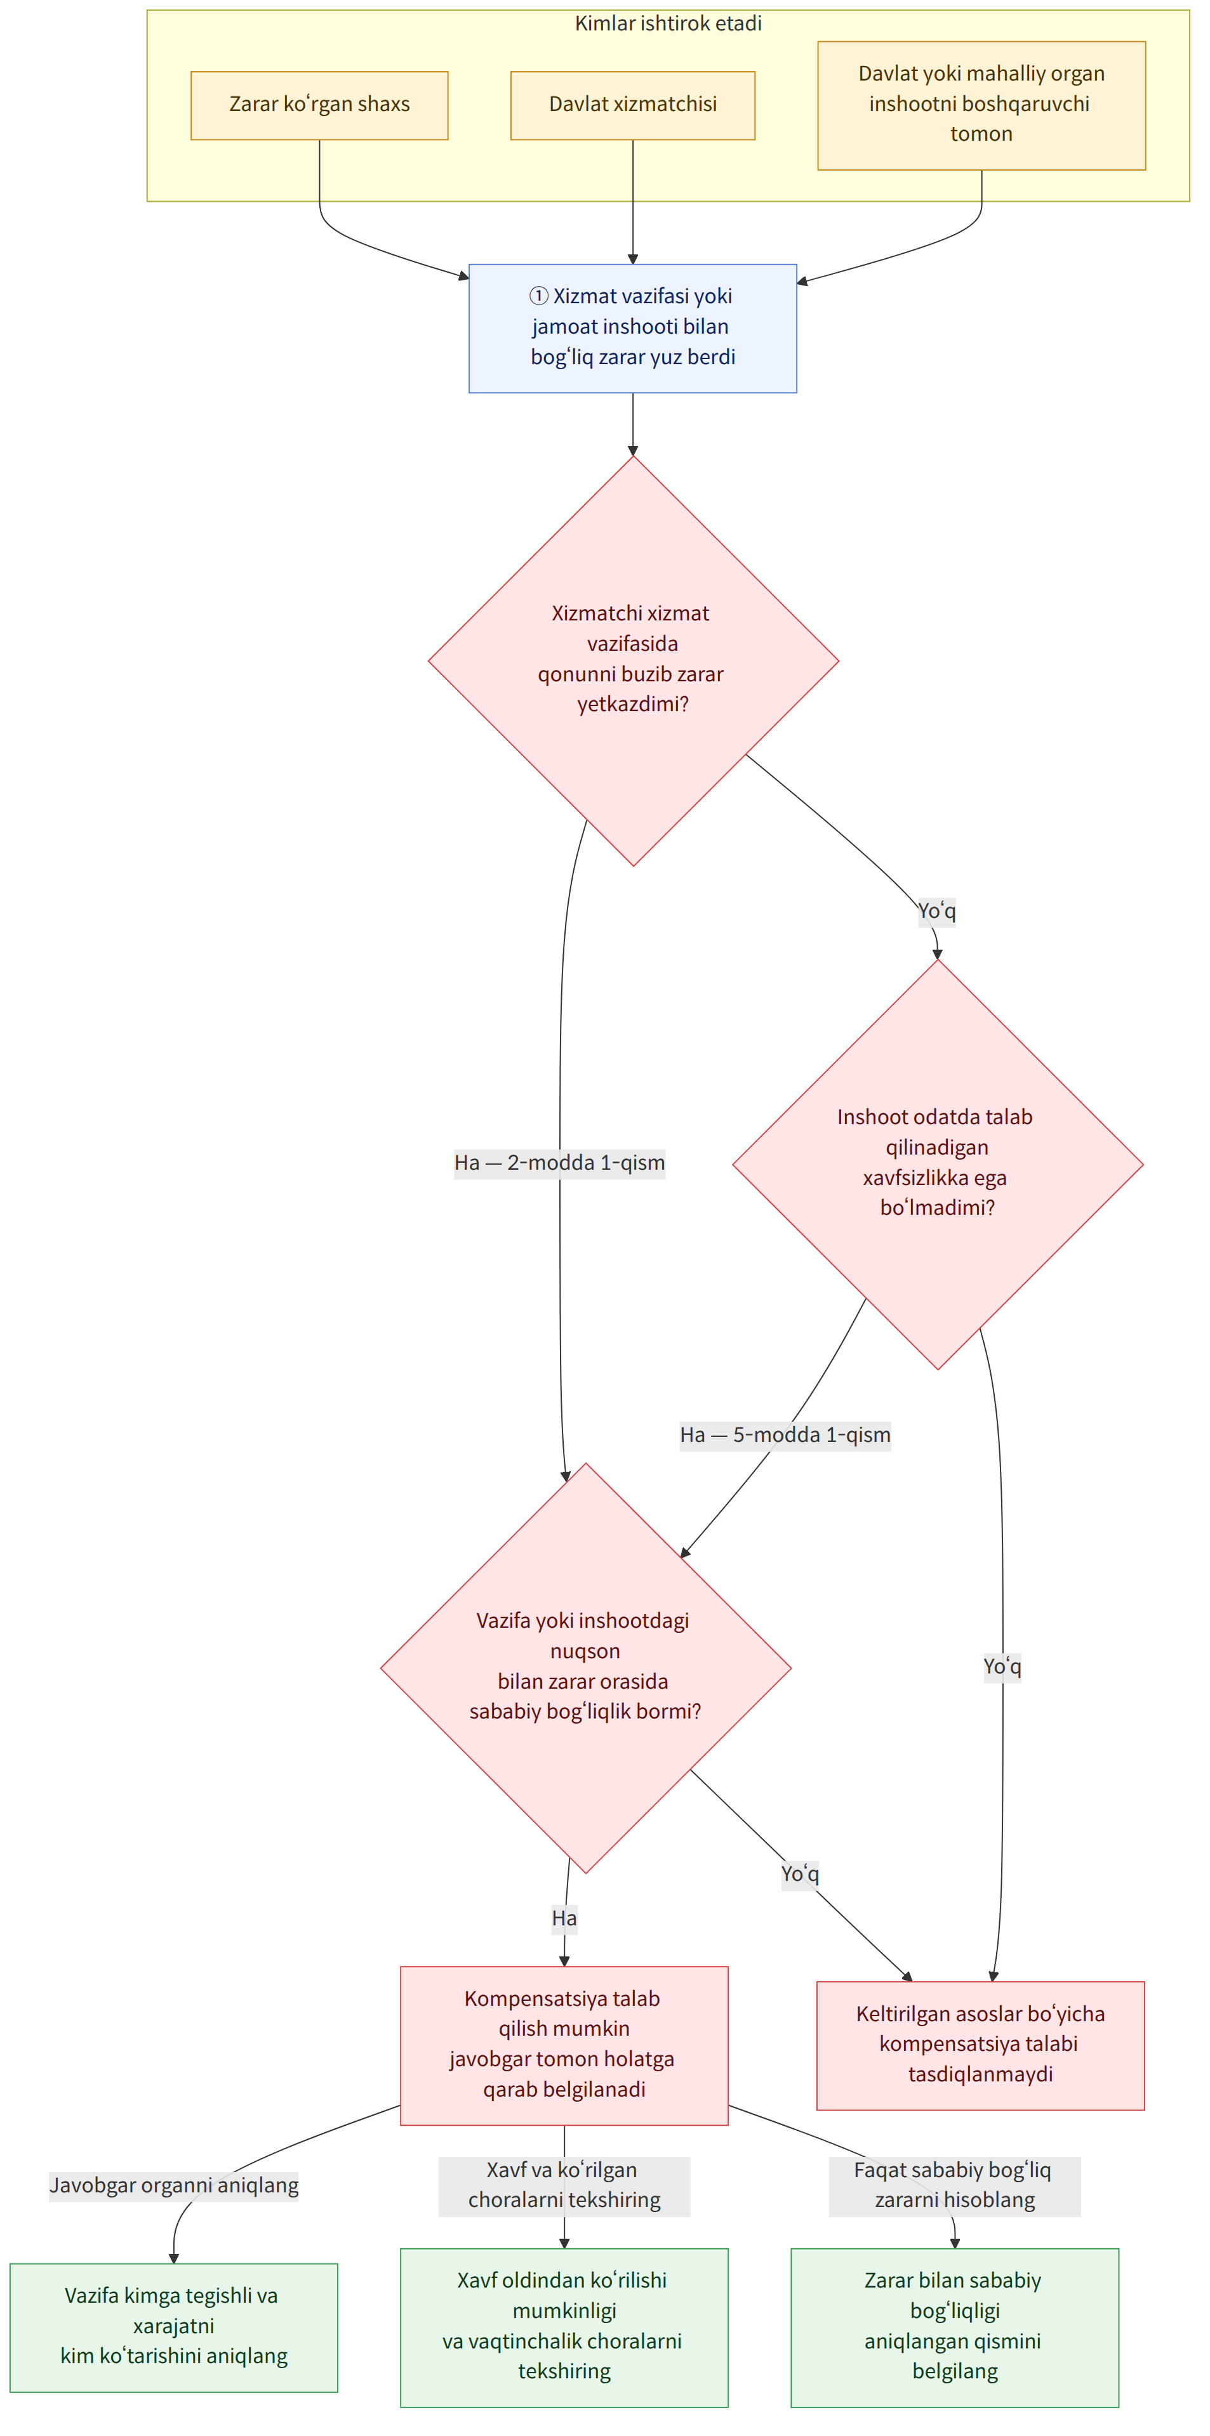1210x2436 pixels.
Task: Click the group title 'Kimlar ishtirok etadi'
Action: point(668,23)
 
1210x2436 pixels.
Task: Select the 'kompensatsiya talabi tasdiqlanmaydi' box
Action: point(980,2045)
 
